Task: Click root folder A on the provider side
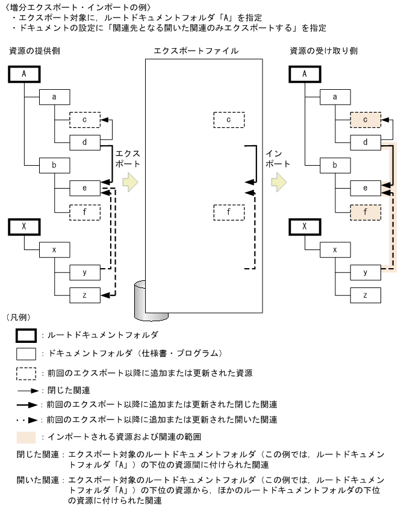(25, 75)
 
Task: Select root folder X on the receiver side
(305, 227)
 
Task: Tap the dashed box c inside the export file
(228, 119)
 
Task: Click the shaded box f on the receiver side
(365, 212)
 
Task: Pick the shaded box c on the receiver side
(365, 119)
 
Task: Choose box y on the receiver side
(365, 272)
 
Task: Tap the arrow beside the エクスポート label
(130, 181)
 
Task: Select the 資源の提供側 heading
(34, 51)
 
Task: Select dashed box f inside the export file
(228, 212)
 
